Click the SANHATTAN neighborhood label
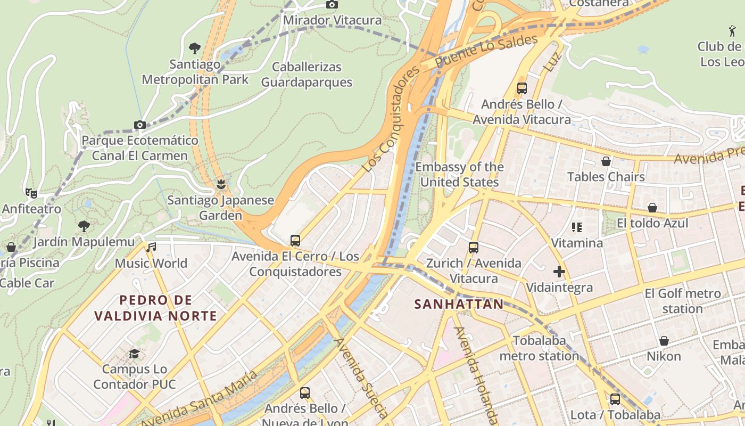click(459, 304)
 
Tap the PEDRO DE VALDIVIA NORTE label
click(155, 308)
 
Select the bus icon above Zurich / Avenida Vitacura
click(474, 248)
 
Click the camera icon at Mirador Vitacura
click(332, 5)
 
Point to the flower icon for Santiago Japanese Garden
click(220, 184)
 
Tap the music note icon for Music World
click(152, 247)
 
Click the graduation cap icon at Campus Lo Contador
click(134, 354)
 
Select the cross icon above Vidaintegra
click(559, 272)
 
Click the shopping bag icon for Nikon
click(664, 341)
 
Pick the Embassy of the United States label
click(459, 175)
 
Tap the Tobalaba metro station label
click(539, 348)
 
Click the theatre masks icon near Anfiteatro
click(31, 193)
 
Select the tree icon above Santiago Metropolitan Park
click(195, 48)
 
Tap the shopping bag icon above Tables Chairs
click(606, 161)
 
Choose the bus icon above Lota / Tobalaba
click(615, 399)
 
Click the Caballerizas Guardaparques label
click(307, 75)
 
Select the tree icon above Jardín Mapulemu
click(84, 226)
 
